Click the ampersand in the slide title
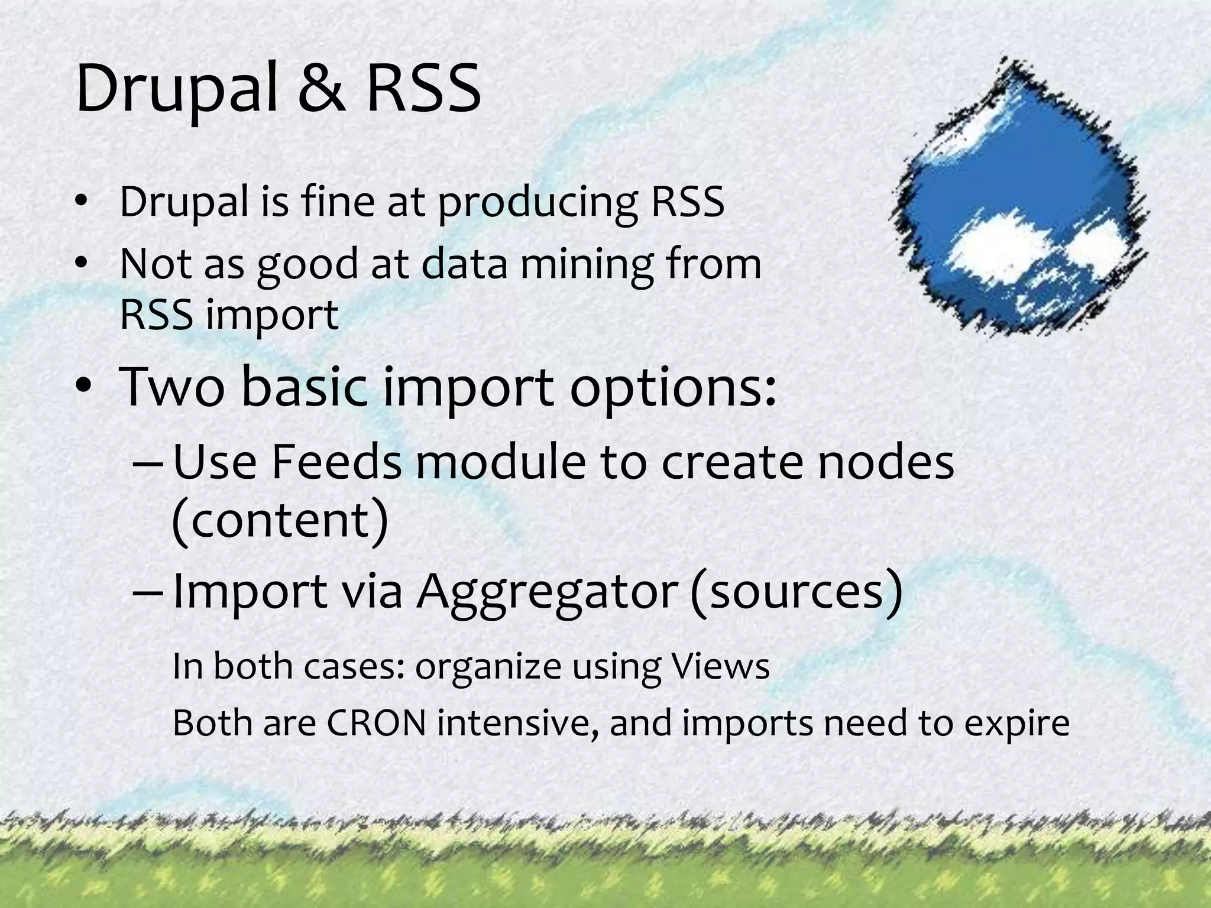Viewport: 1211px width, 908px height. [x=321, y=89]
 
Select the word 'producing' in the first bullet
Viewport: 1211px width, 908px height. [x=537, y=202]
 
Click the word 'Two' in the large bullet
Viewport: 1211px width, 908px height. [x=172, y=387]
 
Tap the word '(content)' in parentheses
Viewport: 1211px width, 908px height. [x=280, y=520]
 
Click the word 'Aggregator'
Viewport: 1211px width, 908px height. [x=546, y=593]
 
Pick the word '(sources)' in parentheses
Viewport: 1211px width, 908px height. [x=796, y=593]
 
